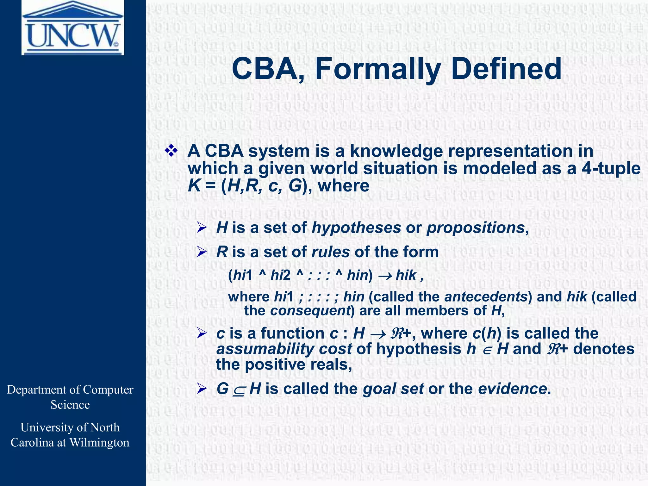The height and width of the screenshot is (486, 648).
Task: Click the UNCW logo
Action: pos(73,28)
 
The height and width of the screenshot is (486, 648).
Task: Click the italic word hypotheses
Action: pos(356,228)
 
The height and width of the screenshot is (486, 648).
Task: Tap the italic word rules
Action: pos(330,252)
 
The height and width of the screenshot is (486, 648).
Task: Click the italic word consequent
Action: pos(310,311)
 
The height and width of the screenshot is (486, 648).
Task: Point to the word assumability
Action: pos(265,349)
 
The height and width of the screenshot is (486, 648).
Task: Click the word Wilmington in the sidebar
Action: pos(99,442)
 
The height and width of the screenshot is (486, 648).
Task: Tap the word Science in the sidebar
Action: pos(70,405)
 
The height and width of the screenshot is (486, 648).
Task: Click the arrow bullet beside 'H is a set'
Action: pos(202,227)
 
